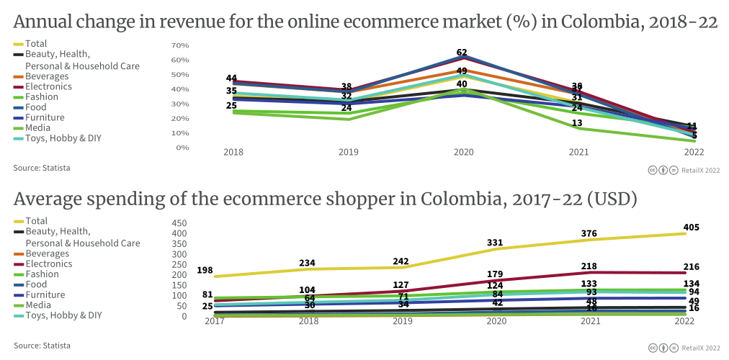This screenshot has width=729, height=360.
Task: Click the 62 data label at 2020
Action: coord(462,53)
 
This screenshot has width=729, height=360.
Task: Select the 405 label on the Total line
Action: coord(692,227)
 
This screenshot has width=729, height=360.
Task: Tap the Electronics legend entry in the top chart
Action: coord(48,86)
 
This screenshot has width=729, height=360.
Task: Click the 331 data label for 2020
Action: coord(495,243)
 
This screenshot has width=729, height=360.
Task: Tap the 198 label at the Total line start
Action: coord(205,270)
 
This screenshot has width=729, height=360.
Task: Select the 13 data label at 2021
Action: coord(576,123)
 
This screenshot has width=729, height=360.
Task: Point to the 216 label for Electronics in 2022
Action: coord(692,267)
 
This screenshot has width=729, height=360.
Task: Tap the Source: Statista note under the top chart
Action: coord(42,168)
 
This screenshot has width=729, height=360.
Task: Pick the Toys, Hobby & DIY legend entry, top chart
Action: coord(63,138)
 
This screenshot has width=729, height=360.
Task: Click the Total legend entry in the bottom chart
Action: coord(36,221)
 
